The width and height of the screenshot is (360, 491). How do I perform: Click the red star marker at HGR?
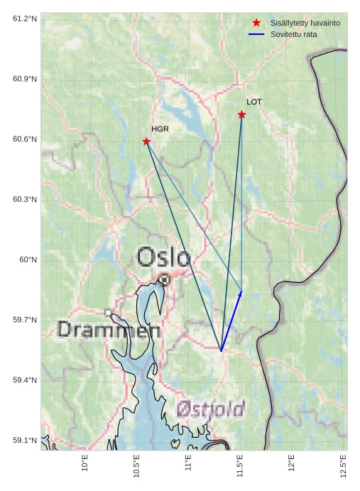coord(146,141)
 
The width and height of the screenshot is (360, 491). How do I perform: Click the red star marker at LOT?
coord(242,114)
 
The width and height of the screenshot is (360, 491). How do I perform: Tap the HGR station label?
coord(160,129)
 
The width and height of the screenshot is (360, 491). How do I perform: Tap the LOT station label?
coord(254,102)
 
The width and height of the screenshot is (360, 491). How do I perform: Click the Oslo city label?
coord(163,257)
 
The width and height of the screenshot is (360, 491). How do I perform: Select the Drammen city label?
coord(109,330)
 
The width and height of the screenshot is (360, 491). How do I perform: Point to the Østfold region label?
coord(210,409)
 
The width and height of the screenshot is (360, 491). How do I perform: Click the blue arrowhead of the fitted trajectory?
coord(239,294)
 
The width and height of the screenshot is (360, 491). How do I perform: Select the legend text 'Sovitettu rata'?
coord(293,34)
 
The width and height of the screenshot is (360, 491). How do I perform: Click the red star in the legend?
coord(256,23)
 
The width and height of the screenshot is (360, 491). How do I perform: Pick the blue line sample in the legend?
coord(256,34)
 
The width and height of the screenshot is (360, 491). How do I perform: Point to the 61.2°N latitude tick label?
coord(25,18)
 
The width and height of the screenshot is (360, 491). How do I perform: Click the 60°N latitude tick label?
coord(28,260)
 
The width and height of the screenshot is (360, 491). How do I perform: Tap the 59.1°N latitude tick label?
coord(25,441)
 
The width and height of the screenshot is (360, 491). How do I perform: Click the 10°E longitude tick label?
coord(85,463)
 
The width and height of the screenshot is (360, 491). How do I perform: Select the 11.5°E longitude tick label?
coord(240,464)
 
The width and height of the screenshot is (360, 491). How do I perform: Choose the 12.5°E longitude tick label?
coord(344,464)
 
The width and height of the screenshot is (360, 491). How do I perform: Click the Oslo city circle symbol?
coord(164,280)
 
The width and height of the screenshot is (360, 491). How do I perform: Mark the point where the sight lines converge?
coord(221,350)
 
